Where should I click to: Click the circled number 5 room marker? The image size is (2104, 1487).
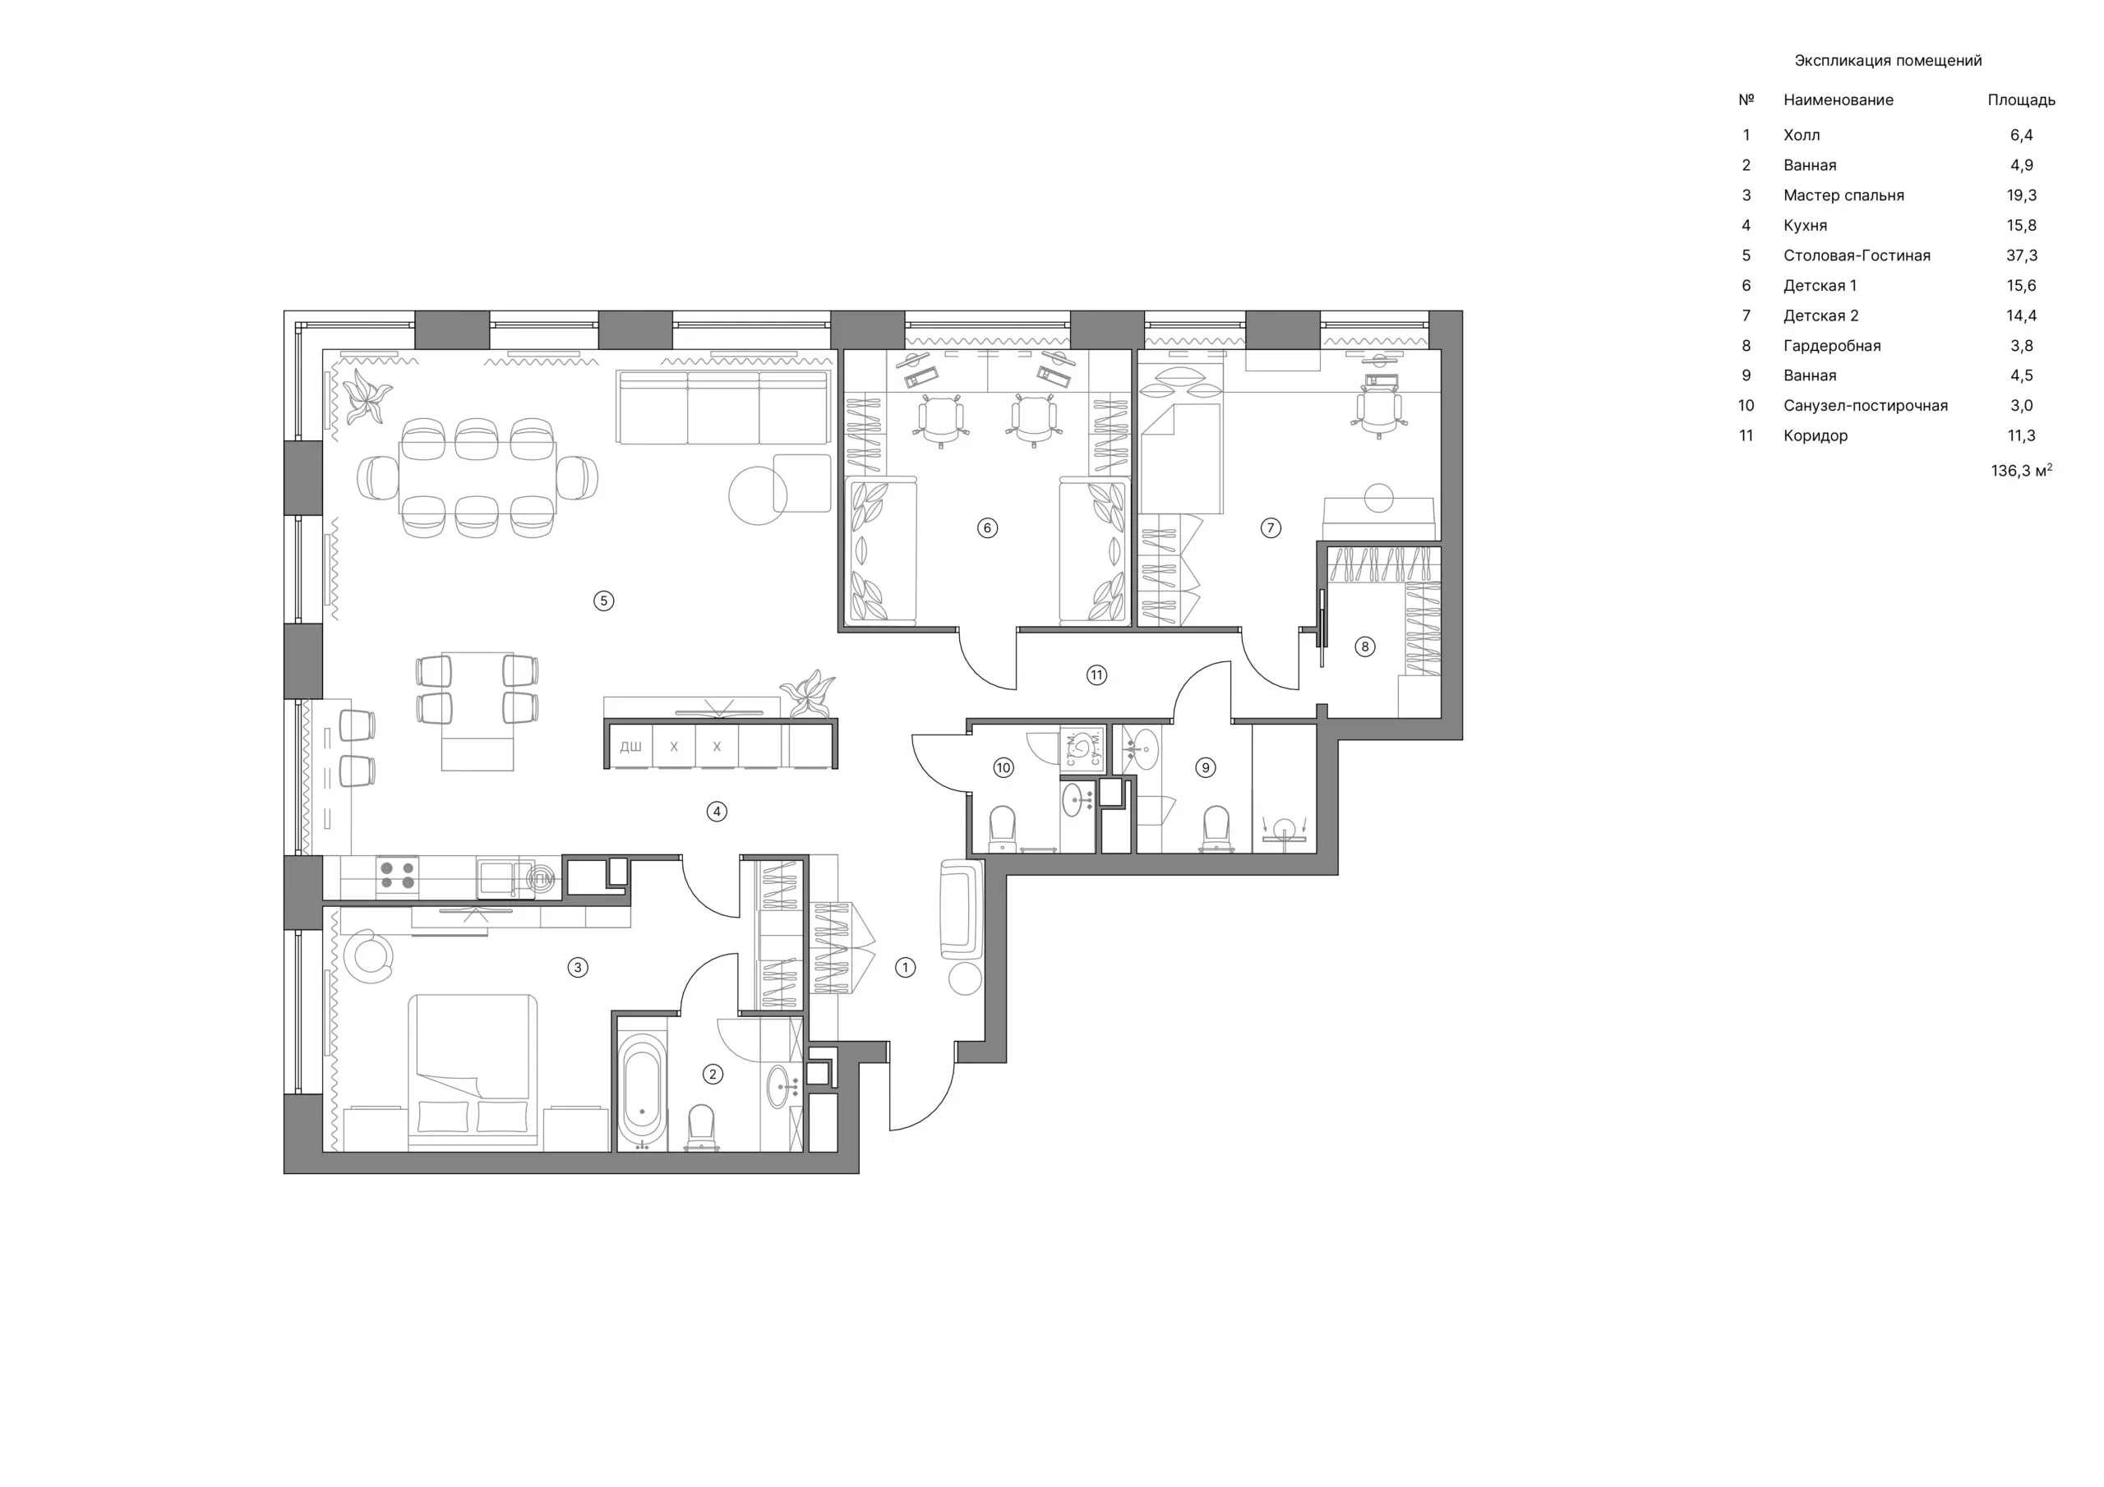pos(603,601)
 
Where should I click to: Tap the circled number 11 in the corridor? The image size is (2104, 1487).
pos(1097,675)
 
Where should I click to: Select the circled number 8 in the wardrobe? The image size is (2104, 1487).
pos(1364,647)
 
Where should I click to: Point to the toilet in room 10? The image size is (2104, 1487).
pos(1003,828)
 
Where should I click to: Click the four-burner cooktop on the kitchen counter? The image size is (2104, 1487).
pos(398,875)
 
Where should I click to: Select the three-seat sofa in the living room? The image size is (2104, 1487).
pos(723,407)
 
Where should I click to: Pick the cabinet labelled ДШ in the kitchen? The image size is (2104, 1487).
pos(630,746)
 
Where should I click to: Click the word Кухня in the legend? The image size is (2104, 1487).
pos(1806,225)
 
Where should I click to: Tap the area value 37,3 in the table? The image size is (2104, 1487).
pos(2022,256)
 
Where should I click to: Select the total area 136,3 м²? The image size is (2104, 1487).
pos(2022,470)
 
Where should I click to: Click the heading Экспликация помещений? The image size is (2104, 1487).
pos(1888,61)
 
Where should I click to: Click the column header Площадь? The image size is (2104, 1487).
pos(2022,100)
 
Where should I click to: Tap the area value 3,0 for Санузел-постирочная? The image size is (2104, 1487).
pos(2022,406)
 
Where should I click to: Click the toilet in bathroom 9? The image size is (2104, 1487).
pos(1216,828)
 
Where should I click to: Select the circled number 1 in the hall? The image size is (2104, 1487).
pos(906,968)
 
